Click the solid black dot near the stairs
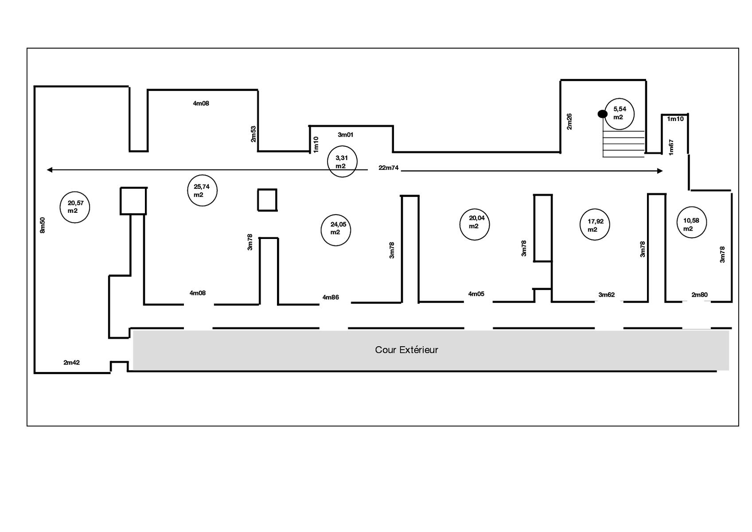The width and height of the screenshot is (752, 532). (x=602, y=114)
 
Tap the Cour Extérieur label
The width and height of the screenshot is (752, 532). (x=406, y=350)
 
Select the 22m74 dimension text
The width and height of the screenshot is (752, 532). (x=389, y=168)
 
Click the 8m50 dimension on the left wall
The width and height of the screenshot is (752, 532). (x=42, y=225)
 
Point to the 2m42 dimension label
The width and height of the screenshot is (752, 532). (x=71, y=362)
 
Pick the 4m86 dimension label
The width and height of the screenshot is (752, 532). (x=331, y=297)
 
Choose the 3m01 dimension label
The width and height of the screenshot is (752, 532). (x=346, y=135)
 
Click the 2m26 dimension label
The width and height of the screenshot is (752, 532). (x=569, y=121)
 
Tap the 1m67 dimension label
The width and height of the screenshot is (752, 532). (x=671, y=148)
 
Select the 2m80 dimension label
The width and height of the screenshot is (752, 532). (x=700, y=295)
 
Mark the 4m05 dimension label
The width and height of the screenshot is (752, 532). (x=476, y=294)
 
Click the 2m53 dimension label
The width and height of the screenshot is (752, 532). (x=253, y=134)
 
